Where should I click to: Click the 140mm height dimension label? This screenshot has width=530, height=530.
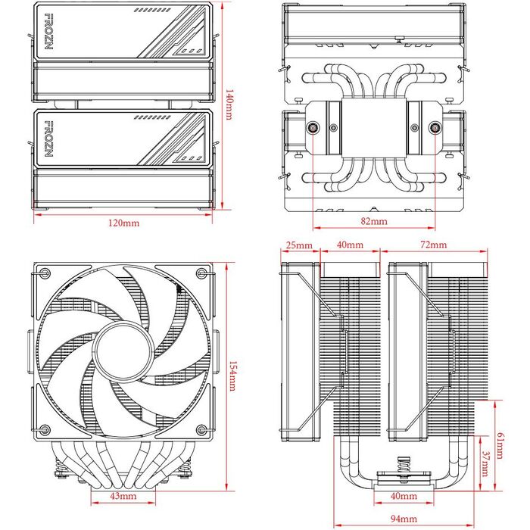pos(230,106)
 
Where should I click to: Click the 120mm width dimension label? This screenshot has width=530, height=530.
pos(124,223)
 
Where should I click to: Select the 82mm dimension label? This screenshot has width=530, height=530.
pos(373,222)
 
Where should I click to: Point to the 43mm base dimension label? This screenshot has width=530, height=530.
pos(123,497)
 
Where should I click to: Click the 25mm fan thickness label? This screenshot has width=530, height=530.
pos(300,245)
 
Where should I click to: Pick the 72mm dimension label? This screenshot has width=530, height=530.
pos(433,245)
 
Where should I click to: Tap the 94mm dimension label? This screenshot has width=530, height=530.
pos(402,519)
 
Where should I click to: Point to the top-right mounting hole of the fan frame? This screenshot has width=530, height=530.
pos(202,274)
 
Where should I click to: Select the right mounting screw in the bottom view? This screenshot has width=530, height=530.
pos(433,129)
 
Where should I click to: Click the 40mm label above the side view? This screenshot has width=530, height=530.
pos(349,245)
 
